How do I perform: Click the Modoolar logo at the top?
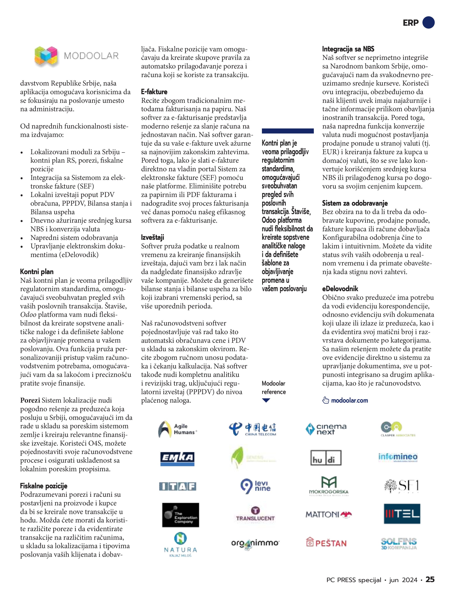(x=77, y=56)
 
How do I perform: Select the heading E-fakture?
(x=154, y=92)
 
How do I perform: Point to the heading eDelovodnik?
(x=340, y=289)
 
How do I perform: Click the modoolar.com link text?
(x=349, y=401)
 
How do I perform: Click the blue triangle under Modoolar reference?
(x=266, y=400)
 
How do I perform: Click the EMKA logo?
(x=177, y=458)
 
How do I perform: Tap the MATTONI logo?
(x=328, y=514)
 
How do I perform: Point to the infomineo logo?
(x=398, y=457)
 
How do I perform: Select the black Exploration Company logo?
(x=181, y=515)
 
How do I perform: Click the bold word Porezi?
(x=30, y=400)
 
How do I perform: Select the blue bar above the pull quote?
(x=288, y=131)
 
